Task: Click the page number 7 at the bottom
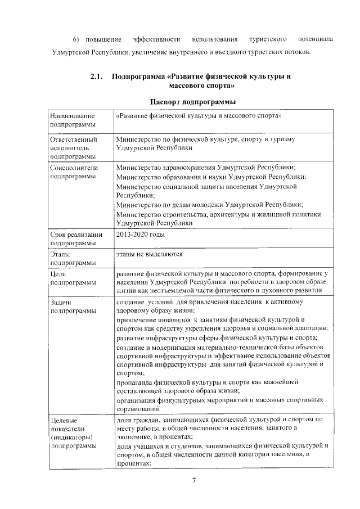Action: click(193, 480)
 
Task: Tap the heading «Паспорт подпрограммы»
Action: click(193, 101)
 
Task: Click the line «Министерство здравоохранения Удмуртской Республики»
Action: click(206, 168)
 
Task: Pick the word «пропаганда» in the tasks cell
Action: click(136, 382)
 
